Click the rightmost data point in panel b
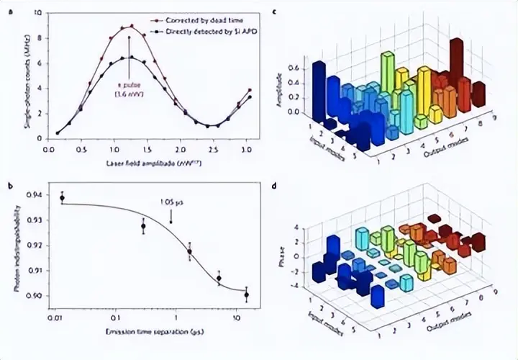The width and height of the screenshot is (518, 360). click(246, 294)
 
